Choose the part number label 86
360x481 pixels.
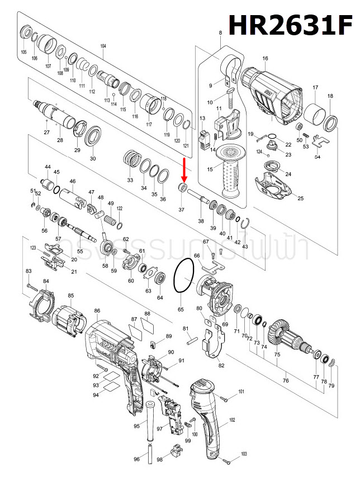97,311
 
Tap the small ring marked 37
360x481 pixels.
182,187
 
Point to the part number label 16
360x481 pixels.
265,58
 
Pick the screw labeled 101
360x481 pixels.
224,399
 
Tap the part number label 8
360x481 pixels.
220,34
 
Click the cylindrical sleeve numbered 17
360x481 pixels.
314,115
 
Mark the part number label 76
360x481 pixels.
286,381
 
